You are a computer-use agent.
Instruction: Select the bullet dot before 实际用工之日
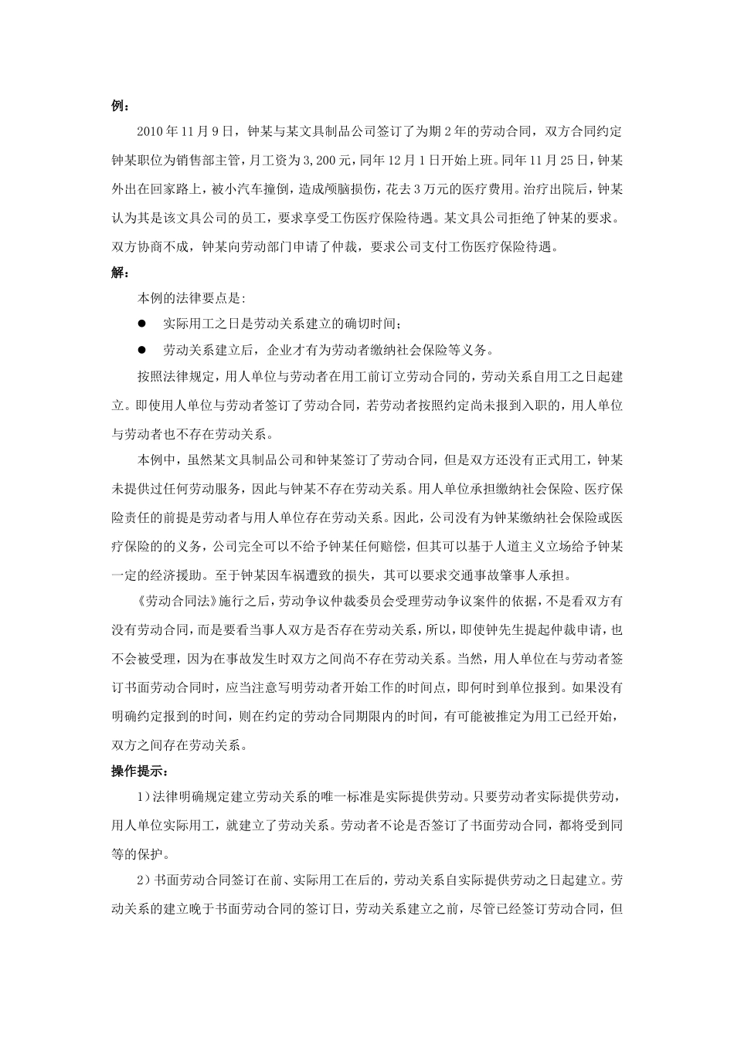click(x=142, y=323)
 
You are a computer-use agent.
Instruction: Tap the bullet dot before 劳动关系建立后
click(x=142, y=349)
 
